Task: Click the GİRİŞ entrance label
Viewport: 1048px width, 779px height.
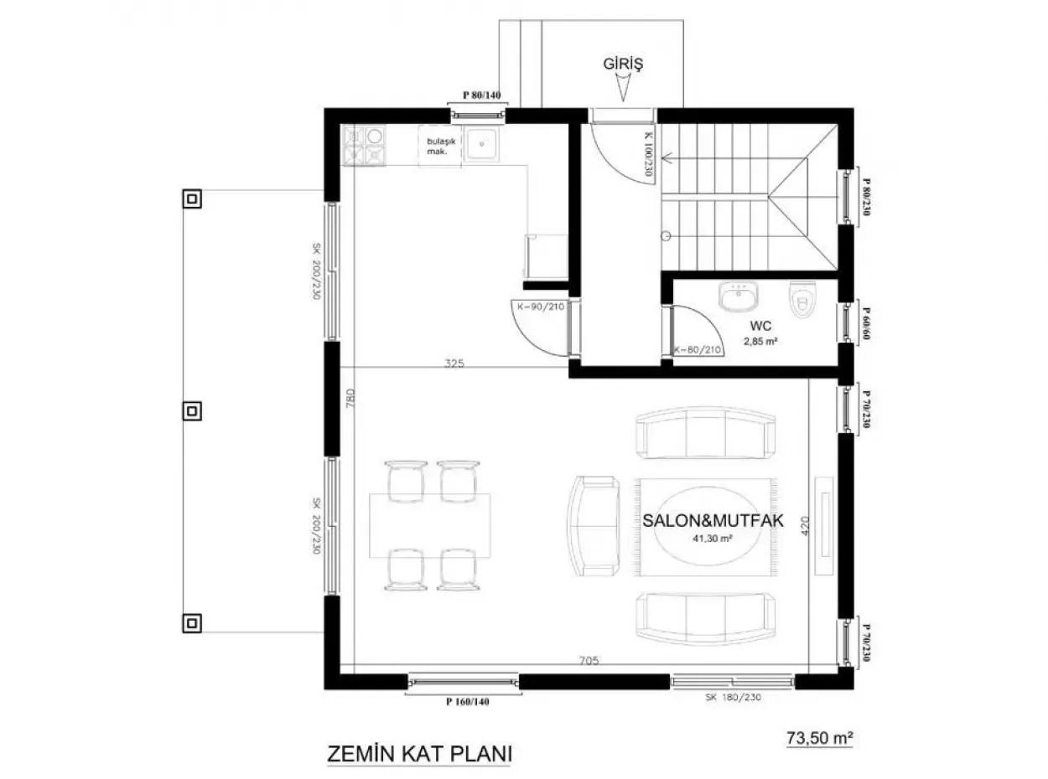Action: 622,63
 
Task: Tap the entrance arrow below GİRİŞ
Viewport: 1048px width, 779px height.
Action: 623,88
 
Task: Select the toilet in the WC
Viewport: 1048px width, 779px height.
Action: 803,301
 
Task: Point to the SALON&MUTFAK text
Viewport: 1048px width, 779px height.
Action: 713,520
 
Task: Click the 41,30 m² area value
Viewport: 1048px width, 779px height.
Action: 713,539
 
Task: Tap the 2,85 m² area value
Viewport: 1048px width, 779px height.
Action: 761,341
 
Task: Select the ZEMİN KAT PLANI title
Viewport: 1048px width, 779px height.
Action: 418,752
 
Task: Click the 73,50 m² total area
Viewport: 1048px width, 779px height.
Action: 819,738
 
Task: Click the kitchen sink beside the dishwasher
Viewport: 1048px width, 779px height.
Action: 483,144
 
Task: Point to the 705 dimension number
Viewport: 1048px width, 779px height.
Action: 589,662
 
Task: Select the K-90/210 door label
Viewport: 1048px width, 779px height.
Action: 538,307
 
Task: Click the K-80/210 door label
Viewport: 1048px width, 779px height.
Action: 698,349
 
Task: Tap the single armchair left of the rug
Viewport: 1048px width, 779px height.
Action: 594,525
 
